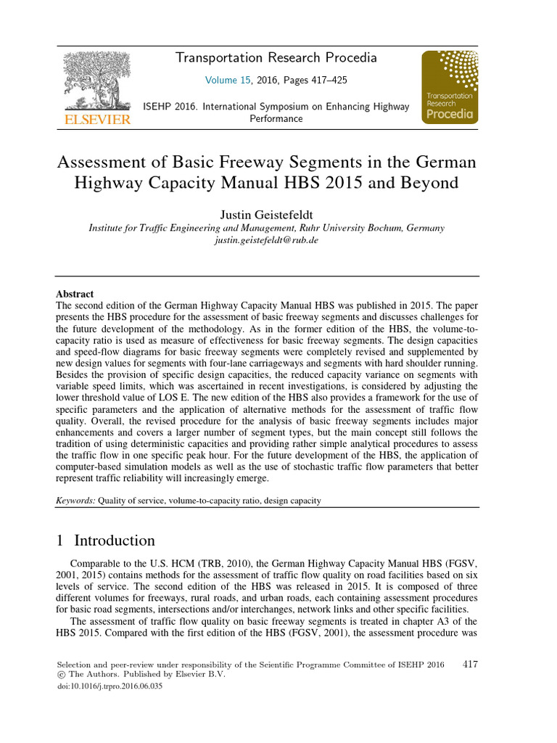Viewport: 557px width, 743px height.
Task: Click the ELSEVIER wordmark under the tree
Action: (x=93, y=118)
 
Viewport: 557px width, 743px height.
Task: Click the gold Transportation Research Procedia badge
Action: (x=450, y=87)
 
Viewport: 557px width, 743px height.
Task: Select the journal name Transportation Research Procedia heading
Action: (x=276, y=58)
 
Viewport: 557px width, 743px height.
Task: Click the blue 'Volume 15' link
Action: (x=228, y=80)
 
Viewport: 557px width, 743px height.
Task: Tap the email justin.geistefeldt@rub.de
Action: (x=266, y=240)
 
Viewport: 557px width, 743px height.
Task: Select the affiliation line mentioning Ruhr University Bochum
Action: (x=266, y=227)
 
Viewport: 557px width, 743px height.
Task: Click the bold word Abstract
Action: (x=75, y=294)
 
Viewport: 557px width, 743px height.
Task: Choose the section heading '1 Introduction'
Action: (x=105, y=541)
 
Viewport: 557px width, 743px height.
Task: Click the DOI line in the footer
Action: (x=109, y=685)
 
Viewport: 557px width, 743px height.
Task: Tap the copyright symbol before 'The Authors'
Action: (x=60, y=674)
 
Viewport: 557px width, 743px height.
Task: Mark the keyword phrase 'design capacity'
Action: (x=290, y=500)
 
